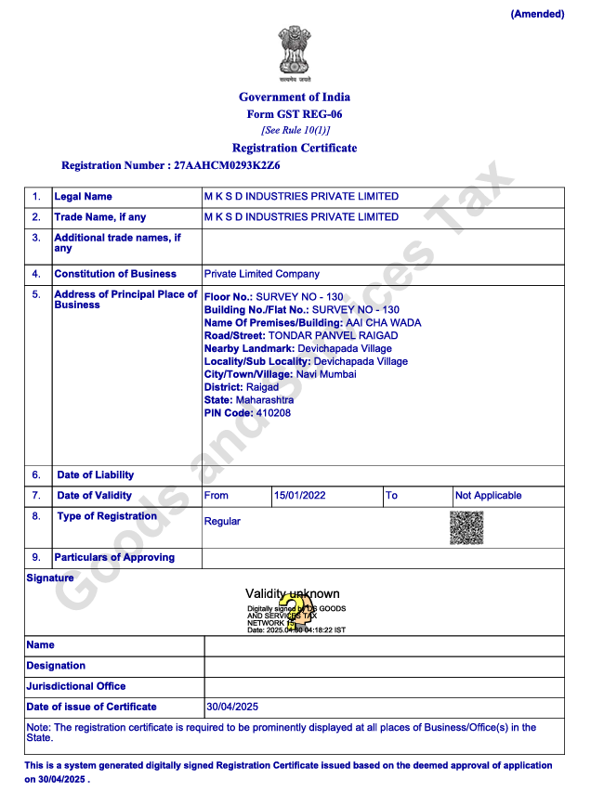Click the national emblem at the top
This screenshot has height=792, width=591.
point(295,54)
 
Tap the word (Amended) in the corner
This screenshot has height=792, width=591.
point(537,14)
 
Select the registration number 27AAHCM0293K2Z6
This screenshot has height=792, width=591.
point(227,165)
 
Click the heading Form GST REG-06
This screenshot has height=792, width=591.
point(295,114)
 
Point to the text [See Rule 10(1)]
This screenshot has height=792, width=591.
point(295,130)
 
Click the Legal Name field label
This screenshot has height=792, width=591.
point(83,197)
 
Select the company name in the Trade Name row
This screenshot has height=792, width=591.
point(301,217)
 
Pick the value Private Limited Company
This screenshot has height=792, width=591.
point(261,274)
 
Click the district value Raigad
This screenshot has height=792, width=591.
point(262,387)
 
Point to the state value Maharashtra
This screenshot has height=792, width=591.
point(264,400)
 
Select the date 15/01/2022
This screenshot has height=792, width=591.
point(299,496)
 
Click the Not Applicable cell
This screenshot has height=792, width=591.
point(488,496)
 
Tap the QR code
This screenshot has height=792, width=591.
point(466,527)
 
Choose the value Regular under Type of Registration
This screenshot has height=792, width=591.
point(222,522)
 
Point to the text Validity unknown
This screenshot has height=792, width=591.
point(292,593)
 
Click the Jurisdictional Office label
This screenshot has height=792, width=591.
point(76,686)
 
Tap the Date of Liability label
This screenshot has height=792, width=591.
point(95,475)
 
